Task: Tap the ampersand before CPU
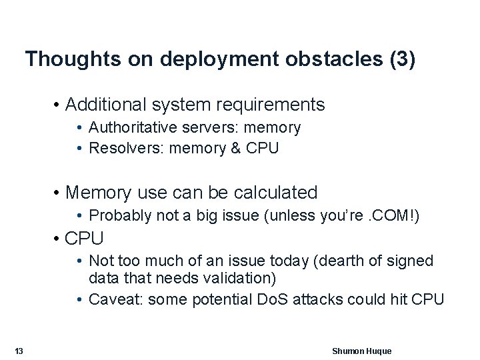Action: [235, 148]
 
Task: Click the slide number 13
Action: [19, 351]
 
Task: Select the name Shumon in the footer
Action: [348, 351]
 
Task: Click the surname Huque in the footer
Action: [379, 351]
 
